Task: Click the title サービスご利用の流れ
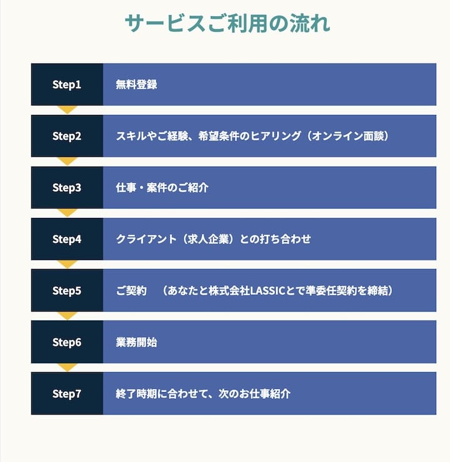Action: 227,23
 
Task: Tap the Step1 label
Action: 67,84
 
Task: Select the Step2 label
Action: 67,136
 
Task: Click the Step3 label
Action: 67,188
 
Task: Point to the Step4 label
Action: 67,239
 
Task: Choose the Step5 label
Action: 67,291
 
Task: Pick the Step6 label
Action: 67,342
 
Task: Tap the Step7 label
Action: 67,394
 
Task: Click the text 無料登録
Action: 136,84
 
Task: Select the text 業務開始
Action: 136,342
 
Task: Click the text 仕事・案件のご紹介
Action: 162,188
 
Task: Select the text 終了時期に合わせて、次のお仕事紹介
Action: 203,394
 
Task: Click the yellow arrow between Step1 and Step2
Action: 67,110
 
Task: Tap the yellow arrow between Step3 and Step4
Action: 67,213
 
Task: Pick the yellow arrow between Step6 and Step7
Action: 67,368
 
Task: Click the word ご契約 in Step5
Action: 131,291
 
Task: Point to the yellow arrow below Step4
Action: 67,264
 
